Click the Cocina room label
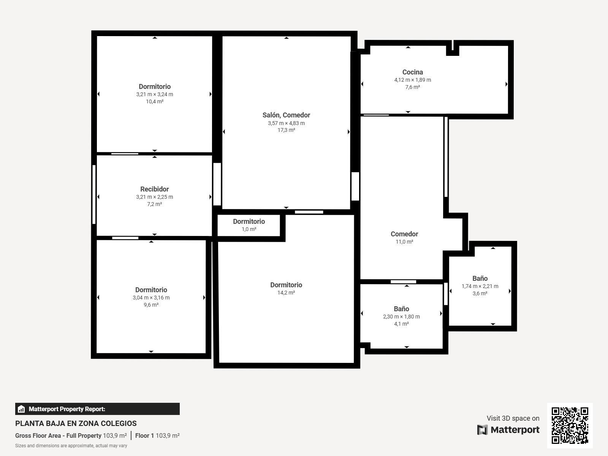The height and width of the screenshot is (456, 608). (412, 72)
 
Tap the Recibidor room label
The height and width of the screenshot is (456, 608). (154, 189)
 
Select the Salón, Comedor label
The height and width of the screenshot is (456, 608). (286, 115)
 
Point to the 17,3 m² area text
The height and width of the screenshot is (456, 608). (286, 130)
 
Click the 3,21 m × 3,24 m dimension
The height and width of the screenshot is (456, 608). (154, 94)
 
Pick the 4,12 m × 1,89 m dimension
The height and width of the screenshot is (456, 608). (412, 80)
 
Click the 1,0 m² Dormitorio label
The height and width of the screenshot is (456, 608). (249, 222)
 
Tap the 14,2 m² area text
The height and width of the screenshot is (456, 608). (286, 293)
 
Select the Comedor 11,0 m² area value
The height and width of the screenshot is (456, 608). (404, 242)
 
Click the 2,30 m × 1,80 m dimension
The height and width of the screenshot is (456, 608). (401, 317)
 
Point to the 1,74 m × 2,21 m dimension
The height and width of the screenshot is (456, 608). (480, 286)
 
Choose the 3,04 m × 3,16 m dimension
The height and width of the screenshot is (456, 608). (151, 298)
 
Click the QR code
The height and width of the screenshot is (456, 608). (570, 425)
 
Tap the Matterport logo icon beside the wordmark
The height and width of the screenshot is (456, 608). (482, 430)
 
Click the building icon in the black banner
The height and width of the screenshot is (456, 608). (21, 409)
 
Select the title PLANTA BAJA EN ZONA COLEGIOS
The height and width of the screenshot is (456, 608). (76, 423)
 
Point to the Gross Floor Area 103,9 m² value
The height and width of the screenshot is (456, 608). (115, 435)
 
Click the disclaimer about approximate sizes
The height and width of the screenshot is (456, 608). (71, 446)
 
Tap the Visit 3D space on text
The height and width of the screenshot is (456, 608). (513, 418)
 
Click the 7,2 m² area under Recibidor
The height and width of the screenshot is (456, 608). (154, 204)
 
